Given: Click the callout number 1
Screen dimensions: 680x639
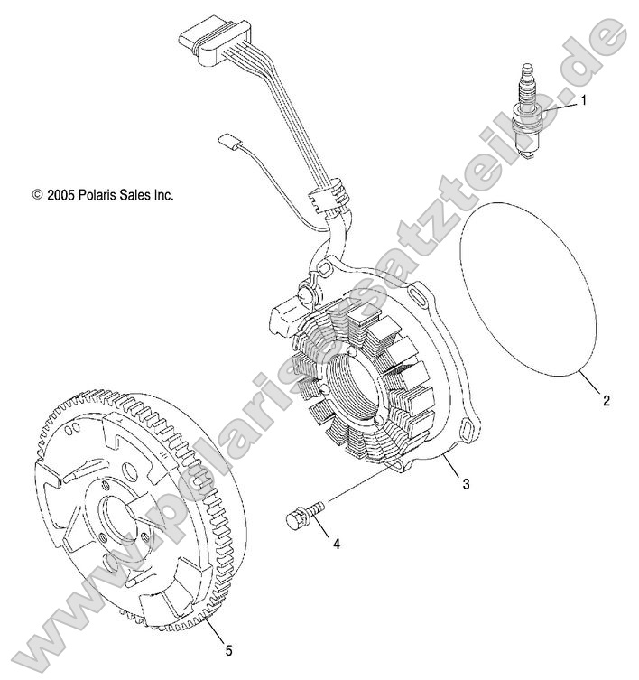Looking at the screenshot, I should tap(583, 101).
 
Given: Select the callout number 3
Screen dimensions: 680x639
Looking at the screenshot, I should tap(466, 484).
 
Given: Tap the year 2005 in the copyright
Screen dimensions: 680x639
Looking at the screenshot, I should tap(65, 194).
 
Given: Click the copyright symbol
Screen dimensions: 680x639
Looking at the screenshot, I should tap(38, 194).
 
